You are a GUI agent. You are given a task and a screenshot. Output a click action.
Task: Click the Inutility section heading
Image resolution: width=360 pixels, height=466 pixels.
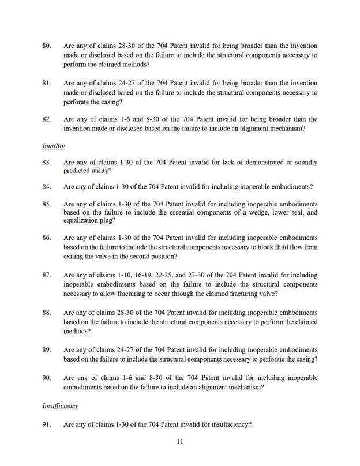[53, 146]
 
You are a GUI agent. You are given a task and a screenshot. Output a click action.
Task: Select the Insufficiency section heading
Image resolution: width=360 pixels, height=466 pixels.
[59, 406]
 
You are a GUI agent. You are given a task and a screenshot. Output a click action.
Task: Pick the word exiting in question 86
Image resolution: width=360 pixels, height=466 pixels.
[75, 256]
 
